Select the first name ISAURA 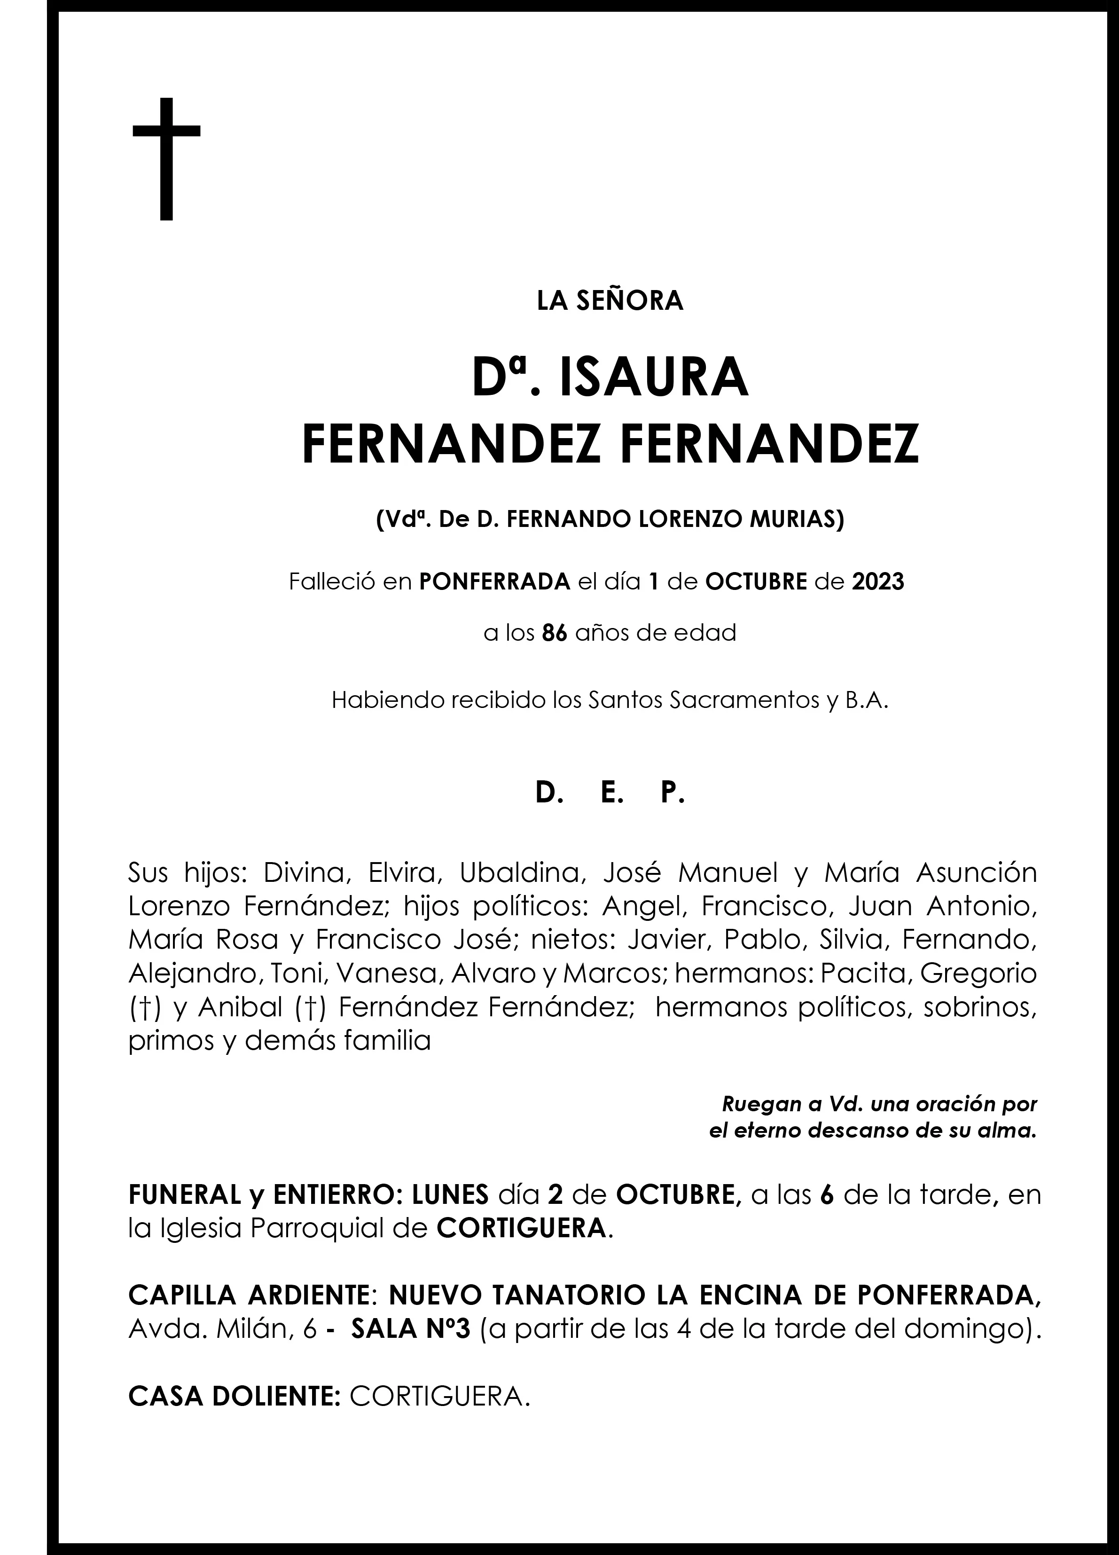click(x=653, y=378)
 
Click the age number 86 click(x=555, y=632)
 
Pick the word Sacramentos click(x=736, y=700)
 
